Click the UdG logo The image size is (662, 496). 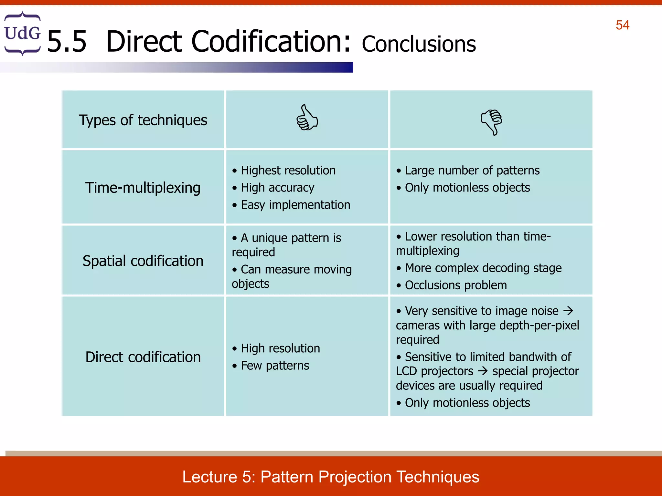click(22, 34)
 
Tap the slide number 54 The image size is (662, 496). click(622, 25)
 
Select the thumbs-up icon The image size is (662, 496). click(307, 118)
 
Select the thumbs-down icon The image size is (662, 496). click(491, 122)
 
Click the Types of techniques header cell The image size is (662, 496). click(143, 120)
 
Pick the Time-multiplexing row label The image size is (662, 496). click(143, 188)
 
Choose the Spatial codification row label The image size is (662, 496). click(143, 261)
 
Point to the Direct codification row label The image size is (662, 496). click(143, 357)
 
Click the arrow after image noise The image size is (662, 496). click(568, 311)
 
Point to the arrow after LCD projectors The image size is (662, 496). click(483, 371)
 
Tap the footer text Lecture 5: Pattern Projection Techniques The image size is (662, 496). click(331, 477)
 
